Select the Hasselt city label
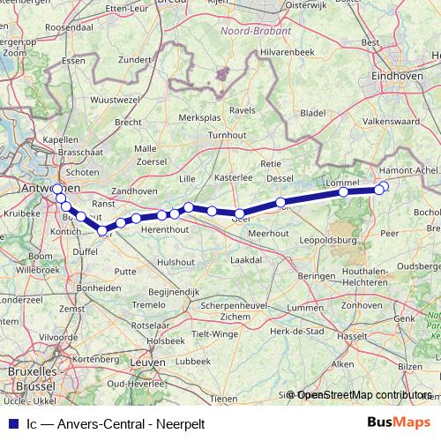353,337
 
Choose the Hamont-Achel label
407,170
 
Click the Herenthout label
165,228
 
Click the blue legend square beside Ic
11,422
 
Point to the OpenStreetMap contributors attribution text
364,395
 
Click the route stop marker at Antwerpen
58,189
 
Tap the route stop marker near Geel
239,213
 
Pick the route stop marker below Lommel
343,191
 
